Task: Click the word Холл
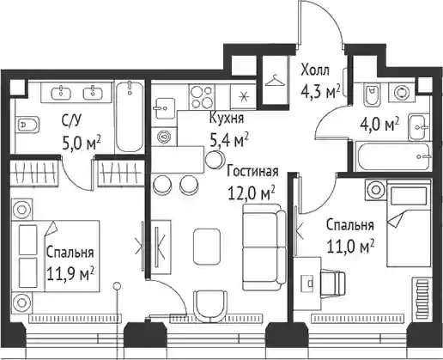click(315, 70)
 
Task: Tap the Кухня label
click(227, 118)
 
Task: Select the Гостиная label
click(252, 172)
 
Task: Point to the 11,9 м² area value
click(70, 274)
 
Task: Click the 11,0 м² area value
click(350, 247)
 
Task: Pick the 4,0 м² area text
click(380, 125)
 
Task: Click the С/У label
click(71, 121)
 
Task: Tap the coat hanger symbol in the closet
click(276, 80)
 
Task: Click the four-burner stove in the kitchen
click(202, 96)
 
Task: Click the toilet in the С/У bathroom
click(27, 125)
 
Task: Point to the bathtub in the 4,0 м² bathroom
click(392, 156)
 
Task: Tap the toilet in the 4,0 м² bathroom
click(372, 94)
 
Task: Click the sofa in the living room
click(264, 247)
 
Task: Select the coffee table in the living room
click(207, 247)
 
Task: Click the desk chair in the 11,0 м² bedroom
click(333, 284)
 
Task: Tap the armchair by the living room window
click(210, 307)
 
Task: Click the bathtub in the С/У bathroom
click(129, 117)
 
